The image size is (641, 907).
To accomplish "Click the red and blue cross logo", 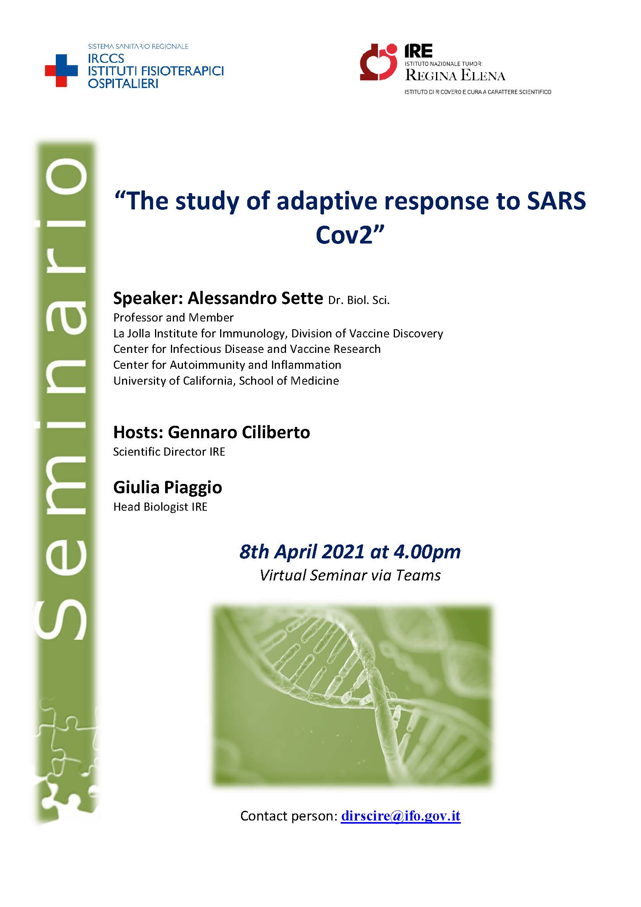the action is pyautogui.click(x=61, y=71).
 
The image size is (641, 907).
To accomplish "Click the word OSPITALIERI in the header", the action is pyautogui.click(x=123, y=84).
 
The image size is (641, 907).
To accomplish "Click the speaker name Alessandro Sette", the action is pyautogui.click(x=255, y=298).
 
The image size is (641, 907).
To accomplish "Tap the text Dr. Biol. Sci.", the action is pyautogui.click(x=359, y=300).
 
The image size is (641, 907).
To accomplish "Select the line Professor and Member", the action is pyautogui.click(x=173, y=318).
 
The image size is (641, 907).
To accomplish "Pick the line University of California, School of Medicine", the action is pyautogui.click(x=226, y=381).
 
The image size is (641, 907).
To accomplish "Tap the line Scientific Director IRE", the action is pyautogui.click(x=169, y=452).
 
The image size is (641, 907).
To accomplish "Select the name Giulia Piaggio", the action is pyautogui.click(x=168, y=488).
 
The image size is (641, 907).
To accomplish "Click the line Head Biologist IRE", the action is pyautogui.click(x=160, y=507).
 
